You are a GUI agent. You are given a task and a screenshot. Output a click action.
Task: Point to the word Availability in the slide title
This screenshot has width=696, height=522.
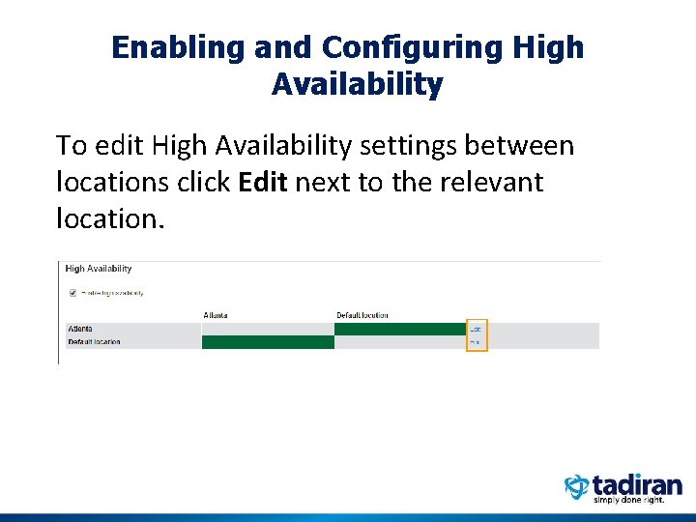click(x=357, y=85)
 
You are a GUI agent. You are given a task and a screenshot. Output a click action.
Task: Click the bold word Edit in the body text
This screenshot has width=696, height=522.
click(x=262, y=182)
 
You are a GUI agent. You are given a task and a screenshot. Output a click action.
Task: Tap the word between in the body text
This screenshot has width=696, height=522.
click(x=523, y=146)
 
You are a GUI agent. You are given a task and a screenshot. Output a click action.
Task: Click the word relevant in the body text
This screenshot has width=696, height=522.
click(x=492, y=182)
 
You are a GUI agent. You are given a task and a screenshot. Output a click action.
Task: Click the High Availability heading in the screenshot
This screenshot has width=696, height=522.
click(x=99, y=269)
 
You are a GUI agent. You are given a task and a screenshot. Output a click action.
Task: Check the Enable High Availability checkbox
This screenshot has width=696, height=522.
click(x=72, y=292)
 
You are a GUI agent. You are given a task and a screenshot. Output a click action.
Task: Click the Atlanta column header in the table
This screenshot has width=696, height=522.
click(x=216, y=315)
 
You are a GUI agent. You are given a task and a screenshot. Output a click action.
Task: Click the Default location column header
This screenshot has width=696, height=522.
click(x=362, y=315)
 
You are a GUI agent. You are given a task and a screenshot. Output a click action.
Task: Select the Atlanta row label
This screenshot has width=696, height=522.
click(x=80, y=329)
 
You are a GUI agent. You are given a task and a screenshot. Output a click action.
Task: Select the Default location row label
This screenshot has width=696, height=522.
click(x=94, y=341)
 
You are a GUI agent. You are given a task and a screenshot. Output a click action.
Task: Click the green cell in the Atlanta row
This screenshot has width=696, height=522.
click(x=399, y=329)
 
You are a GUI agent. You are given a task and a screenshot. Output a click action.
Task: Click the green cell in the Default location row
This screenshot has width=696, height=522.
click(x=267, y=341)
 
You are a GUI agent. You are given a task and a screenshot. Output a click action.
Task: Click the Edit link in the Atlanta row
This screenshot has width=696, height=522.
click(x=476, y=329)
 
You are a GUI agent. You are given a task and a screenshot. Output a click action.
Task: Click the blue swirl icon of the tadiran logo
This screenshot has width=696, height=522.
click(x=577, y=486)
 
